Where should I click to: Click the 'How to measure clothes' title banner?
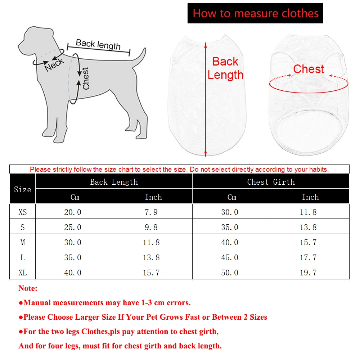(255, 14)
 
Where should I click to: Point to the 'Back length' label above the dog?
(98, 45)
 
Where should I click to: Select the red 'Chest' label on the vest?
(309, 69)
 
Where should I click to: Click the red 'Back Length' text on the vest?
(225, 68)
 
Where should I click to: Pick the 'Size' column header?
(22, 189)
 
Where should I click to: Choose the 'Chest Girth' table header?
(271, 182)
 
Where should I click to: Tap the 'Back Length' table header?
(114, 182)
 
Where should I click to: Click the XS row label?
(22, 212)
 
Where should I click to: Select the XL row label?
(22, 273)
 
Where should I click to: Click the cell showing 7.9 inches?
(151, 212)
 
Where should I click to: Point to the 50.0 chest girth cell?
(230, 273)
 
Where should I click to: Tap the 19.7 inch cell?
(308, 273)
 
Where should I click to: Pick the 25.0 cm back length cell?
(73, 227)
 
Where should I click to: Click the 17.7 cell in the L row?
(308, 257)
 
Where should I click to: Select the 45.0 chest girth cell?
(230, 257)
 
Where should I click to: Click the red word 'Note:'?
(28, 288)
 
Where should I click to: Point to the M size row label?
(22, 242)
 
